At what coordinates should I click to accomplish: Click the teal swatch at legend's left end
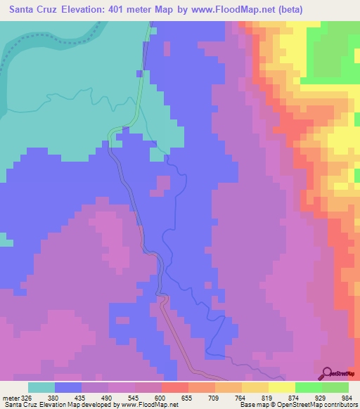point(41,387)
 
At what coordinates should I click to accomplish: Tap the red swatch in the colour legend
point(175,387)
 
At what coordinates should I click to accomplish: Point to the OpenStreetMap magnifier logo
point(327,372)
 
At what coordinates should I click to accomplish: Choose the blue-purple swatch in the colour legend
point(68,387)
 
